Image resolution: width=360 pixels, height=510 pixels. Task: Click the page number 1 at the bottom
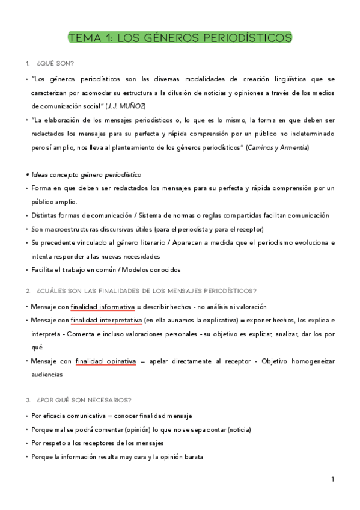point(332,481)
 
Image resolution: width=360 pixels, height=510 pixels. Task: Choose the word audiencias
point(47,374)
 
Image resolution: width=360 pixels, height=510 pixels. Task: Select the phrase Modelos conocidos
point(153,269)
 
